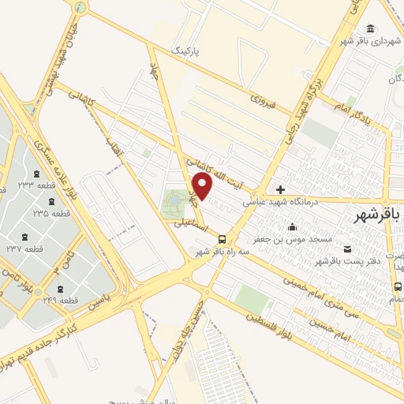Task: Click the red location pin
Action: point(203,185)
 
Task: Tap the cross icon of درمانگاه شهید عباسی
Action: point(281,189)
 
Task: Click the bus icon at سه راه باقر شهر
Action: point(221,239)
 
